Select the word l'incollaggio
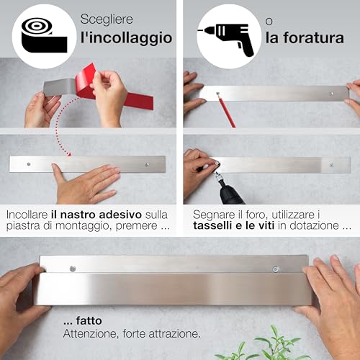(126, 37)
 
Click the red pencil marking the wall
(225, 112)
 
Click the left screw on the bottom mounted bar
(73, 269)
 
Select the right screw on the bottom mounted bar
(275, 271)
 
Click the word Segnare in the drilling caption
(215, 214)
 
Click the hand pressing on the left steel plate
(86, 184)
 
